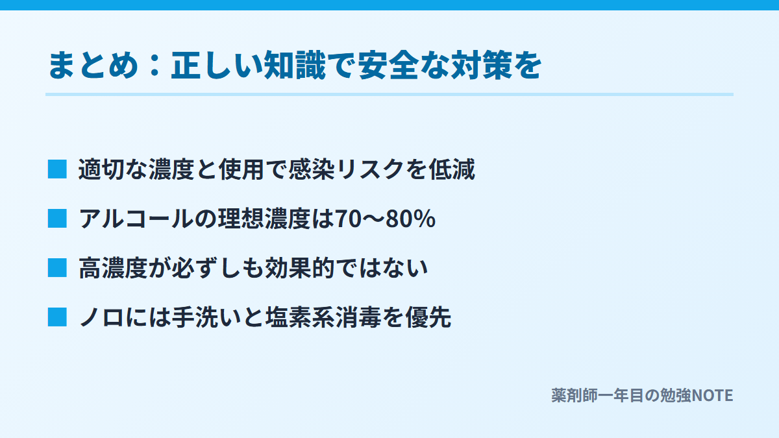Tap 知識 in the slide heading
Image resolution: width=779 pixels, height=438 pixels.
[295, 66]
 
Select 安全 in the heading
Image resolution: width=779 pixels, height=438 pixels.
[388, 66]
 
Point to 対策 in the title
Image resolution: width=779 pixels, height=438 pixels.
[482, 66]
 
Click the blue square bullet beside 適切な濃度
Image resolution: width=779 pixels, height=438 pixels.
[57, 169]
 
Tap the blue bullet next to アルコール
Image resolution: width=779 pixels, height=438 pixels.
[57, 219]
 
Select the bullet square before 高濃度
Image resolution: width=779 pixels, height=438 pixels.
[57, 268]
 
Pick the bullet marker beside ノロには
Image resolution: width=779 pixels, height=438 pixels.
[57, 317]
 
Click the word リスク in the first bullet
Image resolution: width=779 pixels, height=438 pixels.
[370, 169]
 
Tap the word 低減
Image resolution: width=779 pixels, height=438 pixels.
[452, 169]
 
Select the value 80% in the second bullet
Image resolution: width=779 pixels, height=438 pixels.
[410, 219]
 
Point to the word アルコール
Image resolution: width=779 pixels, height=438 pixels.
[136, 219]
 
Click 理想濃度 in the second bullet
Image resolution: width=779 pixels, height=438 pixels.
[264, 219]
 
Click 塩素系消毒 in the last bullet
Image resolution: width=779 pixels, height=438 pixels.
[323, 318]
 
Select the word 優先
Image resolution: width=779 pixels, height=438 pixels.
[428, 318]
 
